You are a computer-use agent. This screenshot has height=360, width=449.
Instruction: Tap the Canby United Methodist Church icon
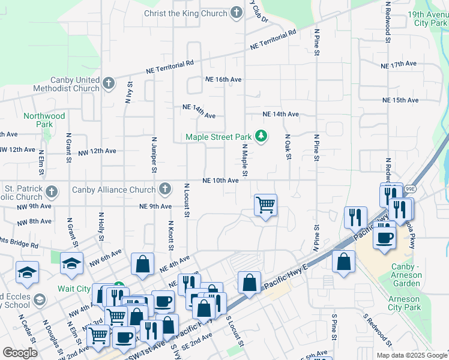pyautogui.click(x=109, y=83)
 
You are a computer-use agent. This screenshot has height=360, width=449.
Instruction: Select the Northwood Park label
pyautogui.click(x=44, y=120)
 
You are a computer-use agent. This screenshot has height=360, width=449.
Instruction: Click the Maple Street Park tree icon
pyautogui.click(x=261, y=137)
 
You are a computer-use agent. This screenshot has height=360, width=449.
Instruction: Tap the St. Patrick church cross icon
pyautogui.click(x=52, y=191)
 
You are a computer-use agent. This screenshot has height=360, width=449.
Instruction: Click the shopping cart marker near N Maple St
pyautogui.click(x=265, y=205)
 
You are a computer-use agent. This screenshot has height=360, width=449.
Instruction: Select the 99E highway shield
pyautogui.click(x=410, y=188)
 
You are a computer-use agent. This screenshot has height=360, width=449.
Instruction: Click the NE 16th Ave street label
pyautogui.click(x=223, y=79)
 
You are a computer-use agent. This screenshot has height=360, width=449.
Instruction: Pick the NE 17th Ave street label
pyautogui.click(x=399, y=64)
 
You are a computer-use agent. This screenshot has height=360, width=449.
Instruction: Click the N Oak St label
pyautogui.click(x=288, y=146)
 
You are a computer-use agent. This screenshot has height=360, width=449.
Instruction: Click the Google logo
pyautogui.click(x=20, y=352)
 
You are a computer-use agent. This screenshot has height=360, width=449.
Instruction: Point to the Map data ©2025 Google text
pyautogui.click(x=411, y=355)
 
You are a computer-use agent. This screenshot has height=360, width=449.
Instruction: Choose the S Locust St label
pyautogui.click(x=237, y=331)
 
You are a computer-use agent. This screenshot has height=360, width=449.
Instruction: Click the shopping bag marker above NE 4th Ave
pyautogui.click(x=143, y=265)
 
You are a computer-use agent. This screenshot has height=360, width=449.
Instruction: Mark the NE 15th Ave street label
pyautogui.click(x=401, y=100)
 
